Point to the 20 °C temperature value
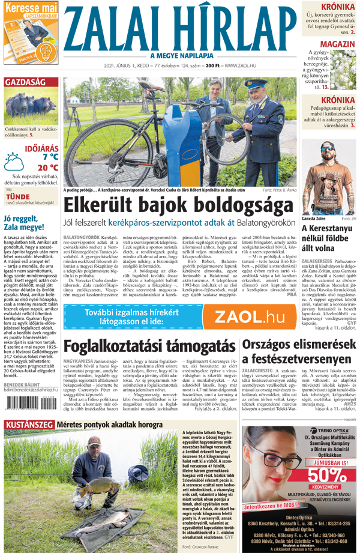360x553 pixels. (x=47, y=168)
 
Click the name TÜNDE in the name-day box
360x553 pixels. (x=17, y=196)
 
